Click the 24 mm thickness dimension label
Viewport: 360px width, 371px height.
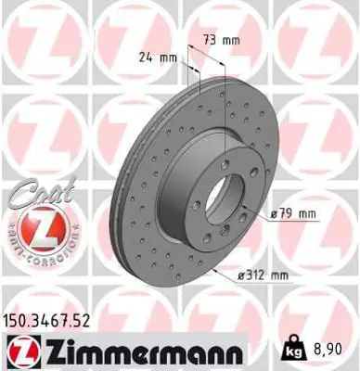[x=159, y=58]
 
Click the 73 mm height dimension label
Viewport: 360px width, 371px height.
[x=220, y=41]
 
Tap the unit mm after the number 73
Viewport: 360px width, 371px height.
[x=229, y=41]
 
